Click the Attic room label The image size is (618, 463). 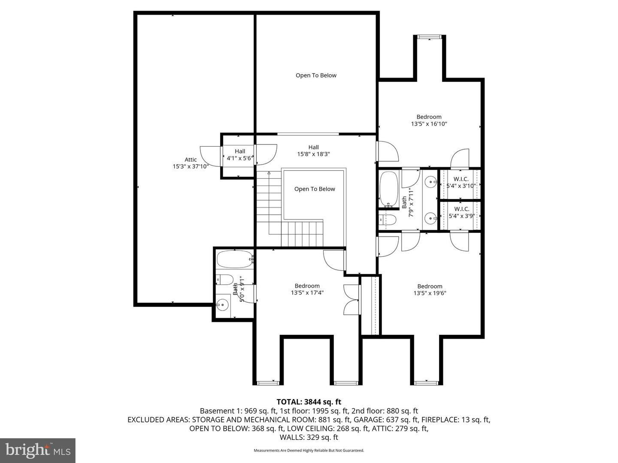pos(191,160)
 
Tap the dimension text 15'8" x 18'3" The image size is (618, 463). pos(313,154)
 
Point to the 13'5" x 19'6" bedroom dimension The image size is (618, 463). pos(430,294)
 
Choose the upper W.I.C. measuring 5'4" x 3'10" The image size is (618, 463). pos(461,182)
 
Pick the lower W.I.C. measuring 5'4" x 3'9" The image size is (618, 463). pos(461,212)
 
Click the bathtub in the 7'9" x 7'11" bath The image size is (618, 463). pos(389,189)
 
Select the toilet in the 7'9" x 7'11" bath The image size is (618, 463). pos(388,220)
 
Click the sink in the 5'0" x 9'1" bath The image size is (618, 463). pos(222,306)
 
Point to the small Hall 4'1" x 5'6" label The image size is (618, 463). pos(239,154)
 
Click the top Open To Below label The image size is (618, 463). pos(316,75)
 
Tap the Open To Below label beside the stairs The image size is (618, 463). pos(315,189)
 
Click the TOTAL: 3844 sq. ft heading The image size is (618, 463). pos(309,402)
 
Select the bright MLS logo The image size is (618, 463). pos(38,450)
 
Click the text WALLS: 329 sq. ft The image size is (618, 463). pos(309,437)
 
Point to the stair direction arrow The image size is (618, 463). pos(269,173)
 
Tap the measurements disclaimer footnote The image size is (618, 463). pos(309,451)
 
